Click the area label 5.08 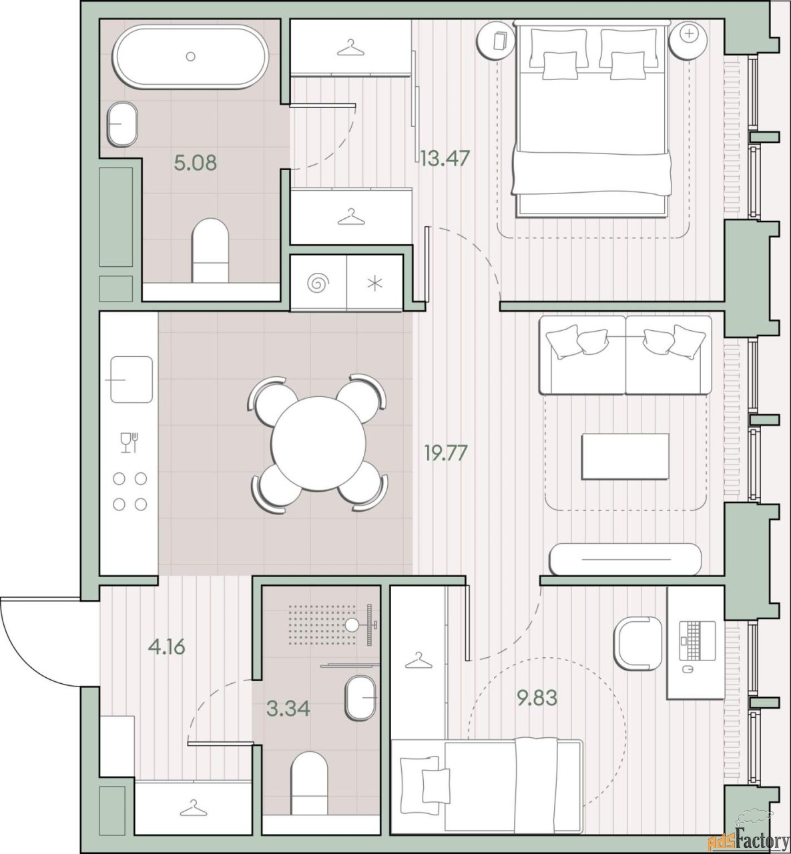pos(195,163)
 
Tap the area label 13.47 pos(445,159)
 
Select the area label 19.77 pos(446,453)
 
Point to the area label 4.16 pos(167,647)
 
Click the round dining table pos(318,443)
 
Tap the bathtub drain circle pos(191,56)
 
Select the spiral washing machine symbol pos(318,283)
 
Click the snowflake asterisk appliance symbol pos(375,284)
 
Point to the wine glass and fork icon pos(129,442)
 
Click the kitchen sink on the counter pos(131,379)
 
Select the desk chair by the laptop pos(637,643)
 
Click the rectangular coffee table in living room pos(625,456)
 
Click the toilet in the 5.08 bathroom pos(210,251)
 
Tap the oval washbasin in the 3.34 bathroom pos(360,698)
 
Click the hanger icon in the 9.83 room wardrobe pos(417,661)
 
